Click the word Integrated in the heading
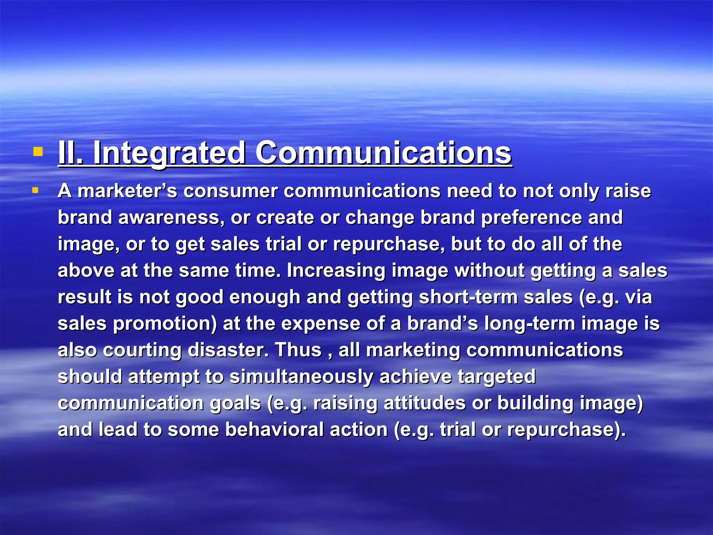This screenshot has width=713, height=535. point(169,153)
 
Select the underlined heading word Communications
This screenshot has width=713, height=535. point(383,153)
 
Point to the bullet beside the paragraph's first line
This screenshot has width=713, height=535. point(35,191)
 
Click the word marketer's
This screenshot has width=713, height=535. point(127,191)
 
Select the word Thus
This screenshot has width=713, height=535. point(298,350)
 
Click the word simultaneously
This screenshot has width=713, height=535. point(301,377)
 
